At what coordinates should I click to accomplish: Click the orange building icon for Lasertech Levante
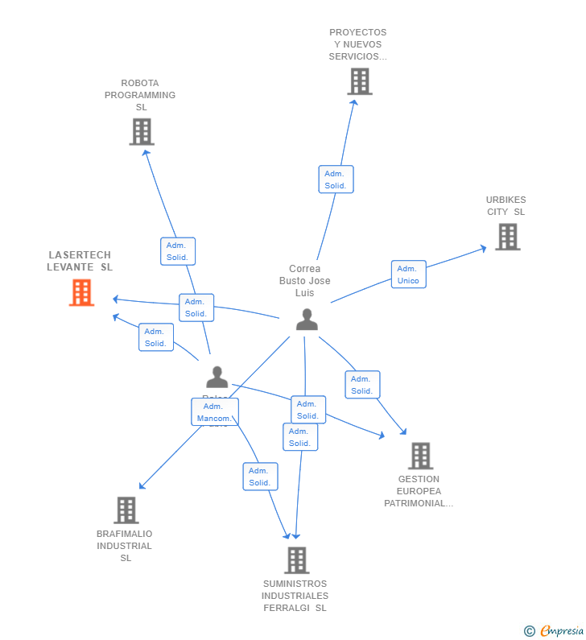point(81,292)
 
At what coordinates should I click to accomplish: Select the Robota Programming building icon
point(142,131)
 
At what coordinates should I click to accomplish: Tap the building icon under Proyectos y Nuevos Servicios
point(360,81)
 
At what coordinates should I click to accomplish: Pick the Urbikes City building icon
point(507,237)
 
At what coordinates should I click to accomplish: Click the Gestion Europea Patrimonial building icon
point(420,456)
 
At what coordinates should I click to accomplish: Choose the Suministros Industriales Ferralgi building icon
point(296,560)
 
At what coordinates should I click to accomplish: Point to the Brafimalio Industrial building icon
point(126,510)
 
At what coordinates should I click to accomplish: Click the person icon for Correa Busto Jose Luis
point(307,320)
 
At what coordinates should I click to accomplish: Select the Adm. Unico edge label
point(408,275)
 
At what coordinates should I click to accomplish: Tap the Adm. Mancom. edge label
point(215,412)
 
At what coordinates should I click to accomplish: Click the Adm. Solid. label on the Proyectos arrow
point(336,180)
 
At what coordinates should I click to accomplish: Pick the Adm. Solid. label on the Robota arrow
point(177,251)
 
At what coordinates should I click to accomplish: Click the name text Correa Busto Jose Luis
point(305,281)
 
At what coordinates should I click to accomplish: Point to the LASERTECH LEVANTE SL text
point(79,261)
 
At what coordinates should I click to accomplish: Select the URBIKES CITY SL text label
point(506,206)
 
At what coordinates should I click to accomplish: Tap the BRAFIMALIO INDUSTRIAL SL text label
point(125,546)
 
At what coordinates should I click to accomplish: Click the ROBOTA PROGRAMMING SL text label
point(140,95)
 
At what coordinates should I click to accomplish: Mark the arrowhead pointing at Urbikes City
point(483,248)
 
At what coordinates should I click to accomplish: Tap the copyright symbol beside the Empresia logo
point(529,631)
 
